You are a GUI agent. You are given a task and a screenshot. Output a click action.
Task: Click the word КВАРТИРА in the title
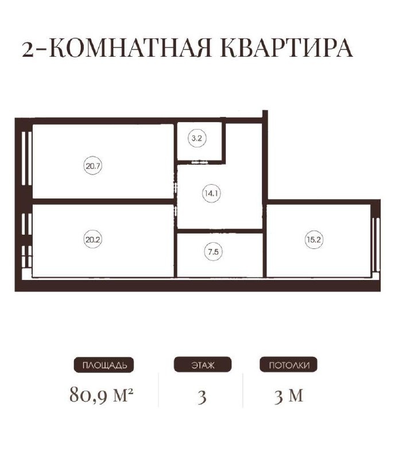click(x=285, y=49)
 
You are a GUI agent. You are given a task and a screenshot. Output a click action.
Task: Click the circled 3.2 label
click(x=197, y=138)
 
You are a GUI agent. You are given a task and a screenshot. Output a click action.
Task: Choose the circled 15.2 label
click(x=313, y=240)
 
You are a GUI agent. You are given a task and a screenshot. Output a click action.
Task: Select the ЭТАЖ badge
click(x=202, y=365)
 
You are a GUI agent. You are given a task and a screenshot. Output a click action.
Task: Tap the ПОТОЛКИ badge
click(x=289, y=365)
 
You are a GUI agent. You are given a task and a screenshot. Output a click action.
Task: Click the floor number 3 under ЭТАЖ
click(x=202, y=396)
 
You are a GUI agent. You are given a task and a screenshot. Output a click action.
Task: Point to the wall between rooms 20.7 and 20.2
click(x=103, y=201)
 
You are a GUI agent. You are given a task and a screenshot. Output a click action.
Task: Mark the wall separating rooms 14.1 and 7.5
click(x=220, y=231)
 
